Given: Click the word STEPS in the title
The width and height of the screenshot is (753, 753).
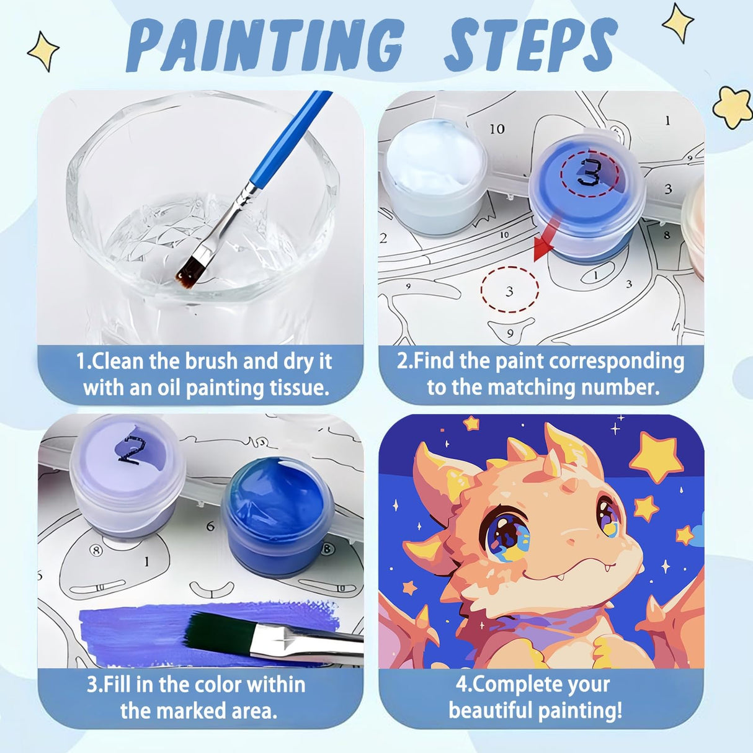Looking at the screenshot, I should pos(531,45).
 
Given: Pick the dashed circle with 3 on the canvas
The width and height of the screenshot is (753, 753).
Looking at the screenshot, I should pos(510,290).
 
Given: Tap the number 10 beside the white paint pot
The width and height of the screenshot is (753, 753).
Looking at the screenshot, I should pos(497,129).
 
